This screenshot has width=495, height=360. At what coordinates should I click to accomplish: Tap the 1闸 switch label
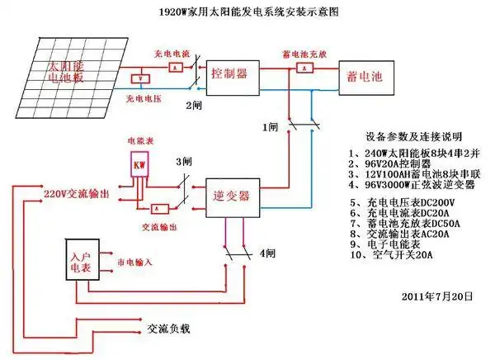[x=271, y=128]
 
